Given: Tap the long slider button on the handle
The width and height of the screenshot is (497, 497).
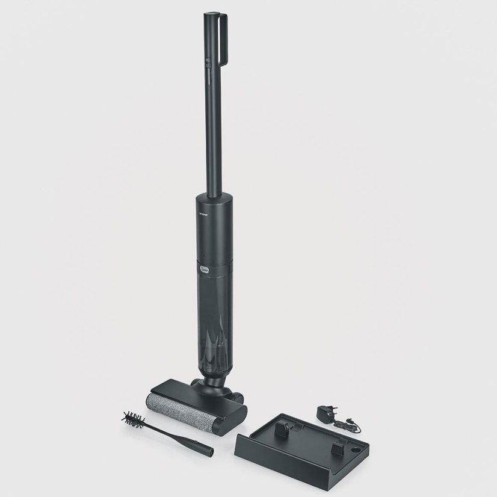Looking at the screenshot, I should [208, 78].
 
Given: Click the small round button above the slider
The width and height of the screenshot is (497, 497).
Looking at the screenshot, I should [207, 61].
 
